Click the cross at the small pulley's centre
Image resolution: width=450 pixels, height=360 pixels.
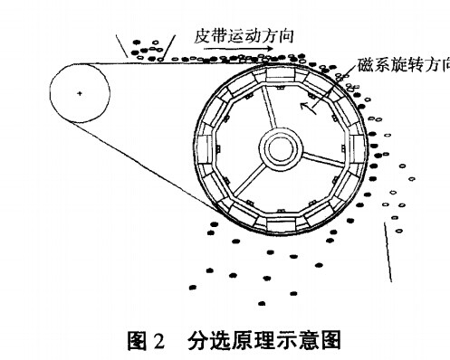[80, 94]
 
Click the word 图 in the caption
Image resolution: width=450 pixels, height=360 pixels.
[137, 343]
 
